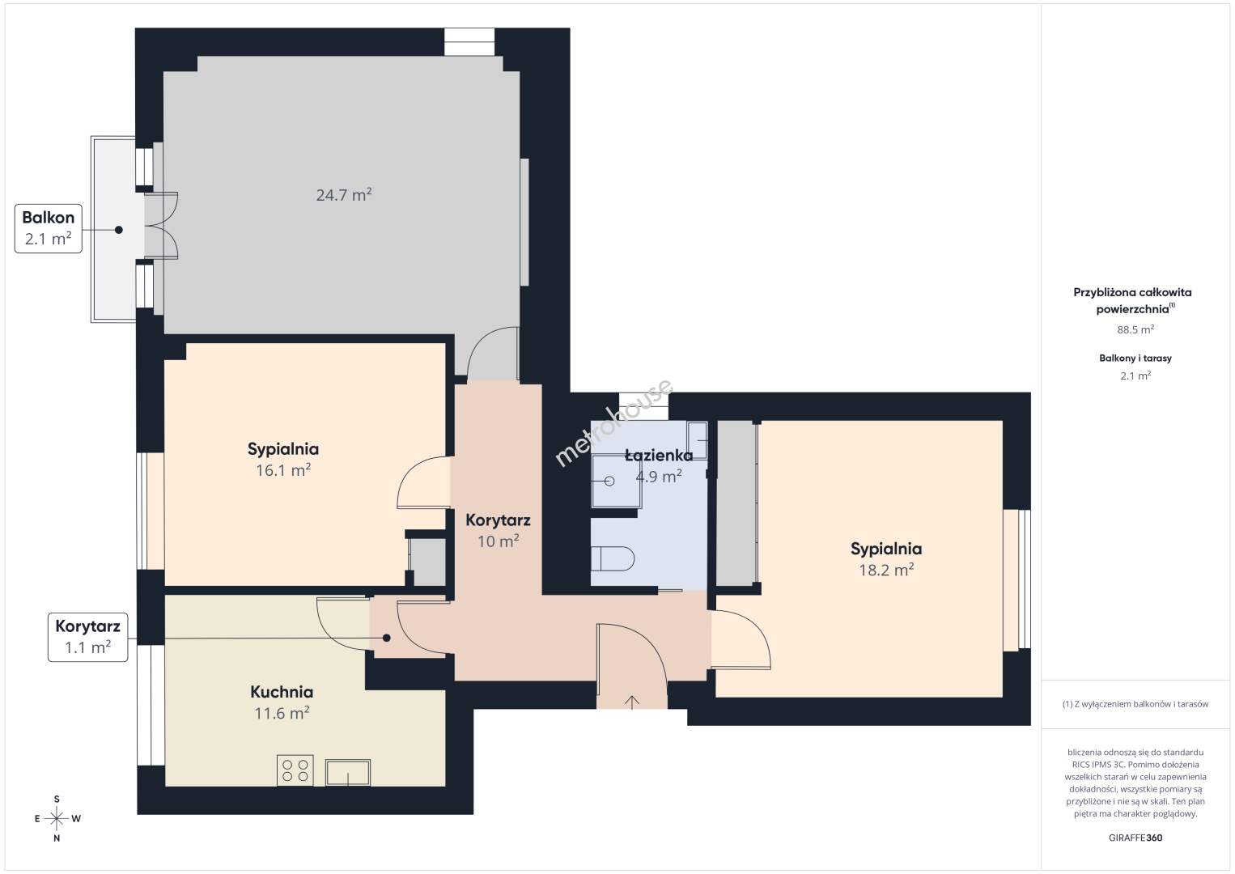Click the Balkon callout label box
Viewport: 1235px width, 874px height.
[49, 228]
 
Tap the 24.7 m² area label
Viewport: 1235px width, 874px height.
[343, 195]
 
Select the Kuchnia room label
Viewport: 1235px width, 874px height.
[282, 691]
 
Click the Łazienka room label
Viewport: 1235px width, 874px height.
[659, 455]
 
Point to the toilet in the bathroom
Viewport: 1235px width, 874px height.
[613, 558]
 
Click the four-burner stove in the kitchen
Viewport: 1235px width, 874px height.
[295, 770]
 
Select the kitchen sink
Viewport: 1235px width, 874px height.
[348, 772]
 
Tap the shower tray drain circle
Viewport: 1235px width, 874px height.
[609, 481]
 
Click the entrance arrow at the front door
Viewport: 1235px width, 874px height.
[632, 702]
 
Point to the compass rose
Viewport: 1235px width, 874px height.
[57, 818]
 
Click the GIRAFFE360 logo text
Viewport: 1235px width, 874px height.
[1135, 838]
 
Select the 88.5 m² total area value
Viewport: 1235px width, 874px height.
[1135, 329]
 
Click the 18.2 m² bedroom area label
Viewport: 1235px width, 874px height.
[886, 570]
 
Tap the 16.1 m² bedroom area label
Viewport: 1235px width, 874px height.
[282, 470]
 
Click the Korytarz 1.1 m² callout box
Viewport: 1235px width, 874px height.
[87, 637]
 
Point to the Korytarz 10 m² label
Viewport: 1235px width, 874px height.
[498, 530]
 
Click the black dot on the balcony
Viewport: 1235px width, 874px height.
[118, 230]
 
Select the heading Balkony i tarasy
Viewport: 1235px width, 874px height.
[1135, 358]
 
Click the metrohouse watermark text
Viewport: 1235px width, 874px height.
[613, 422]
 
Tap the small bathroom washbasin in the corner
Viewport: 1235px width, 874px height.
[697, 440]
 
